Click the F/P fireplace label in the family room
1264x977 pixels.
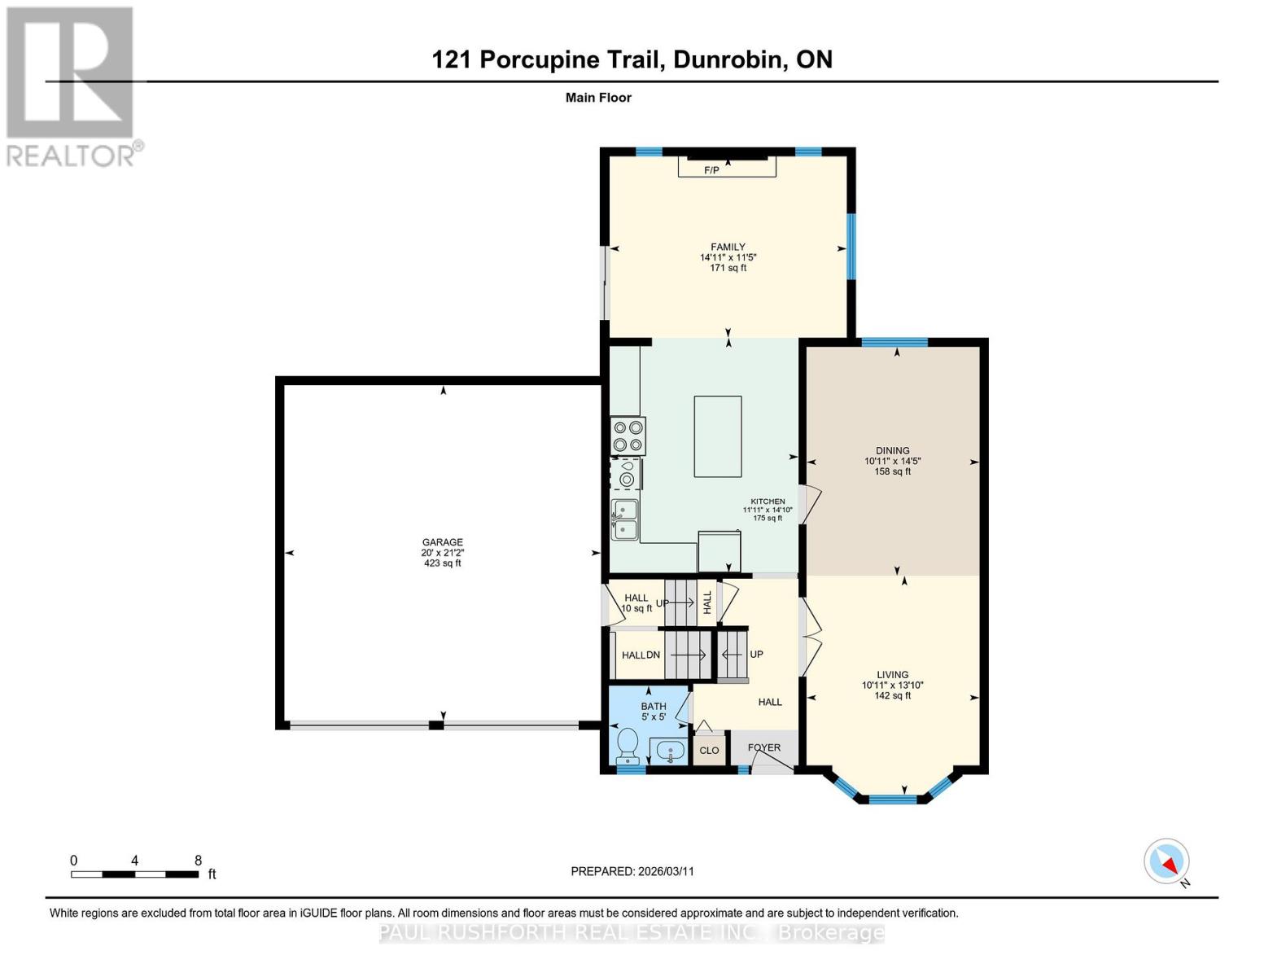tap(711, 170)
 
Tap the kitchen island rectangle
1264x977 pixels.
tap(717, 436)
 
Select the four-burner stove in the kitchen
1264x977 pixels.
tap(628, 436)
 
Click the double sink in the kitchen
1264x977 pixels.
tap(624, 520)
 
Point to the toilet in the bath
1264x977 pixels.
tap(627, 744)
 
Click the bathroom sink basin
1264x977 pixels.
tap(670, 750)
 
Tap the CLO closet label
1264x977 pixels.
tap(709, 750)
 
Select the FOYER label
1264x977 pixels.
tap(763, 747)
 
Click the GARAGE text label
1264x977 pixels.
tap(442, 542)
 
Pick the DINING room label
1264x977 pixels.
tap(892, 450)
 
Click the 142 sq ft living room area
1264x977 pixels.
tap(892, 695)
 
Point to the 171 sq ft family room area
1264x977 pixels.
tap(728, 268)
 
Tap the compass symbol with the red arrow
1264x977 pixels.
tap(1167, 861)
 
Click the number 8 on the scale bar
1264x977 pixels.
tap(198, 860)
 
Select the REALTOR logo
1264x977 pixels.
tap(72, 85)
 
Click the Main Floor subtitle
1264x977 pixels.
tap(598, 98)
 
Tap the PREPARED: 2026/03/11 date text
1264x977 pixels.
tap(632, 871)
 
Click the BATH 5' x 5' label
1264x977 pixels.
tap(653, 712)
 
